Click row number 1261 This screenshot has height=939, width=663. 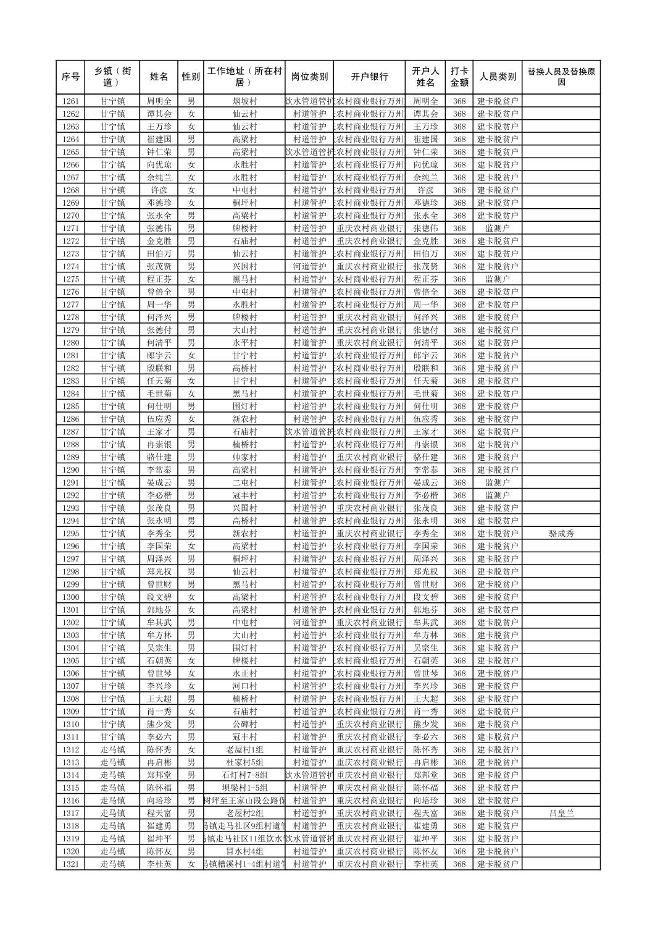tap(71, 101)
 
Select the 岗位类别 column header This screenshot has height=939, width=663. tap(309, 77)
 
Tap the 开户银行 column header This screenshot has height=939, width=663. tap(369, 77)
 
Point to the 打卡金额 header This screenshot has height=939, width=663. tap(459, 77)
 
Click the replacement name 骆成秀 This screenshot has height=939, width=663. tap(561, 533)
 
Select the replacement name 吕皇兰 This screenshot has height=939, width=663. tap(561, 813)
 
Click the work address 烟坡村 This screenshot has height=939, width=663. tap(244, 101)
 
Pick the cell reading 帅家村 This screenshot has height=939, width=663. tap(244, 457)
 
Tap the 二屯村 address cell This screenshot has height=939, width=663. tap(244, 482)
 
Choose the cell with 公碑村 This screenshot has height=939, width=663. tap(244, 724)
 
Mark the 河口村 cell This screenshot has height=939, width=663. tap(244, 686)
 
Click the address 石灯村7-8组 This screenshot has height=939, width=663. tap(244, 775)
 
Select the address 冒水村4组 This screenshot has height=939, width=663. tap(244, 851)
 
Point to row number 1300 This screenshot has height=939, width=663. tap(71, 597)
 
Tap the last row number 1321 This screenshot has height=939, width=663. tap(71, 864)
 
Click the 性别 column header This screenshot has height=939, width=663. tap(191, 77)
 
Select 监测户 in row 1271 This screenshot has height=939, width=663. tap(498, 228)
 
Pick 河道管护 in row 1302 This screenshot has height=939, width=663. tap(309, 622)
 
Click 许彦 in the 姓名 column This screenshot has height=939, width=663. tap(159, 190)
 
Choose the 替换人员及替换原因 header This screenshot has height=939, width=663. tap(561, 77)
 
